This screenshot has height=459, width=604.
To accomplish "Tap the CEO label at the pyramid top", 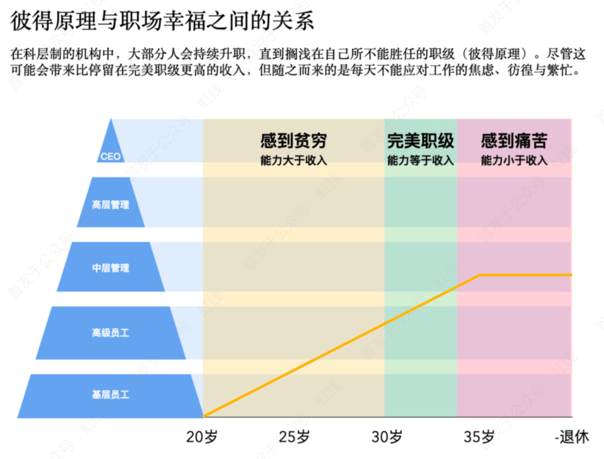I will pos(110,157).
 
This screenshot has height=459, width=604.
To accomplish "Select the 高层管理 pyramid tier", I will pos(110,205).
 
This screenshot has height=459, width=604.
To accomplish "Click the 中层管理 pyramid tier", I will pos(110,268).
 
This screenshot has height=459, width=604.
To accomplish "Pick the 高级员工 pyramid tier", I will pos(110,333).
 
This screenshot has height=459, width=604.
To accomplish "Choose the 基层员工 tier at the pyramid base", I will pos(110,394).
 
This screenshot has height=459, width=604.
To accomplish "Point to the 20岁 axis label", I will pos(202,438).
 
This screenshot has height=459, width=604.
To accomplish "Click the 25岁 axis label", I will pos(294,438).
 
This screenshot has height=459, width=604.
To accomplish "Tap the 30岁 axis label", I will pos(387,438).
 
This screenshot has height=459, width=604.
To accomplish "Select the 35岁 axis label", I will pos(479,438).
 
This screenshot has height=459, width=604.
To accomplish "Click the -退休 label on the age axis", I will pos(572,438).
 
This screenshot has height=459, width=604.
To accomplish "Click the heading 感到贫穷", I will pos(293,141).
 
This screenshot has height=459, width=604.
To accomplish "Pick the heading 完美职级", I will pos(421,141).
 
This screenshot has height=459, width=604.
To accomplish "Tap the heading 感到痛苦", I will pos(514,141).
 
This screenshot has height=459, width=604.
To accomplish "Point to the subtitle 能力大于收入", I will pos(293,161).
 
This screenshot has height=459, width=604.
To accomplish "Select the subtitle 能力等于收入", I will pos(421,161).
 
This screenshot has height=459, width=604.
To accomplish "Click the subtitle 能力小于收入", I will pos(514,161).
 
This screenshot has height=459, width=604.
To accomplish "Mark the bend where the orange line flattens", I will pos(480,275).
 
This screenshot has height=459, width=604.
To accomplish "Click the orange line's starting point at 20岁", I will pos(203,416).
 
